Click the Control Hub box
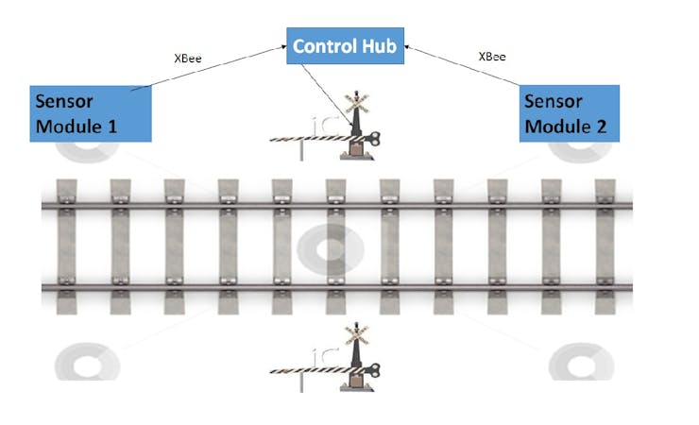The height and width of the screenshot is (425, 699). (347, 47)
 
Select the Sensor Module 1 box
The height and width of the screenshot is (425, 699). (91, 113)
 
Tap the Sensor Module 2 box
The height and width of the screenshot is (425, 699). (570, 113)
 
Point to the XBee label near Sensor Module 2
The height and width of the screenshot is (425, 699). (491, 57)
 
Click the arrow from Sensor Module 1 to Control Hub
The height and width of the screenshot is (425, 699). (208, 67)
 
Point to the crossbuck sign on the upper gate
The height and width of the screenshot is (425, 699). (356, 101)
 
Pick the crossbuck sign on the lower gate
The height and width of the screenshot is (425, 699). (356, 332)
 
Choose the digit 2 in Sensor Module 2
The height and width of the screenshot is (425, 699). (601, 126)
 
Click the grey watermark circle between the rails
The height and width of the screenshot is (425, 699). (331, 251)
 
